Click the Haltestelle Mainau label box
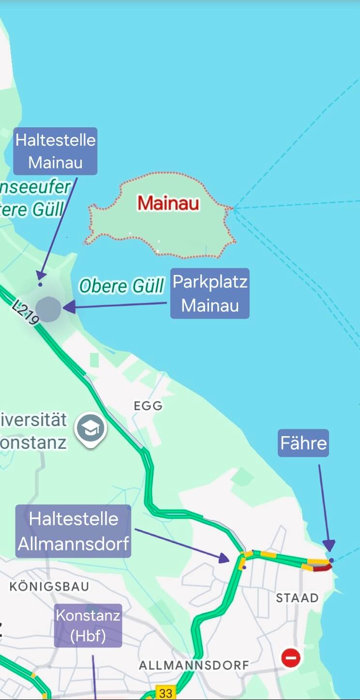pos(55,151)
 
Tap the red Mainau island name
pos(168,203)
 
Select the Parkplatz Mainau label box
pos(210,293)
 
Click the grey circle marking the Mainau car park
pos(48,309)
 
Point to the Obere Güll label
pos(121,286)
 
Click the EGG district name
pos(148,406)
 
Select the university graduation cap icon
pos(90,428)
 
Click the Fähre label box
pos(303,443)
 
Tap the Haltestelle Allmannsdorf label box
pos(74,531)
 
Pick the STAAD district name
pos(297,598)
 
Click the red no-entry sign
pos(291,658)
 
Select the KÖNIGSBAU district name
pos(49,587)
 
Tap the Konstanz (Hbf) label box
pos(88,625)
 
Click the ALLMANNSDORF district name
pos(194,666)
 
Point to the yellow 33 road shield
pos(165,693)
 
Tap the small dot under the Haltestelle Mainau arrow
pos(40,285)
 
